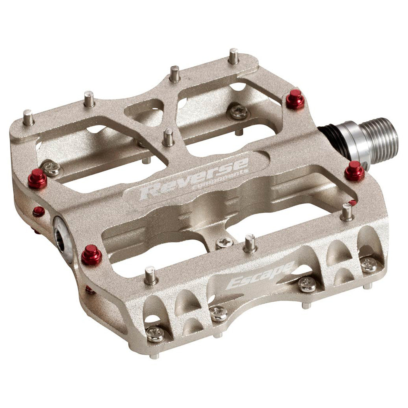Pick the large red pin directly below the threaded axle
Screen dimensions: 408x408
(355, 171)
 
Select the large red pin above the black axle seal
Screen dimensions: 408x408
(295, 99)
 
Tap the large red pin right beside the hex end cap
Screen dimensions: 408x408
(91, 255)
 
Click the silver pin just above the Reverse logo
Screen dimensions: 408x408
(169, 138)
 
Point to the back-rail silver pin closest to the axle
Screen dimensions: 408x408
(234, 56)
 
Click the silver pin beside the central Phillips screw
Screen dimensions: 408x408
(250, 243)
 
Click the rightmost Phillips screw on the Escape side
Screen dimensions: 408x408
(368, 265)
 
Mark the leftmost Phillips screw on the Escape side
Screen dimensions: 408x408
(156, 334)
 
